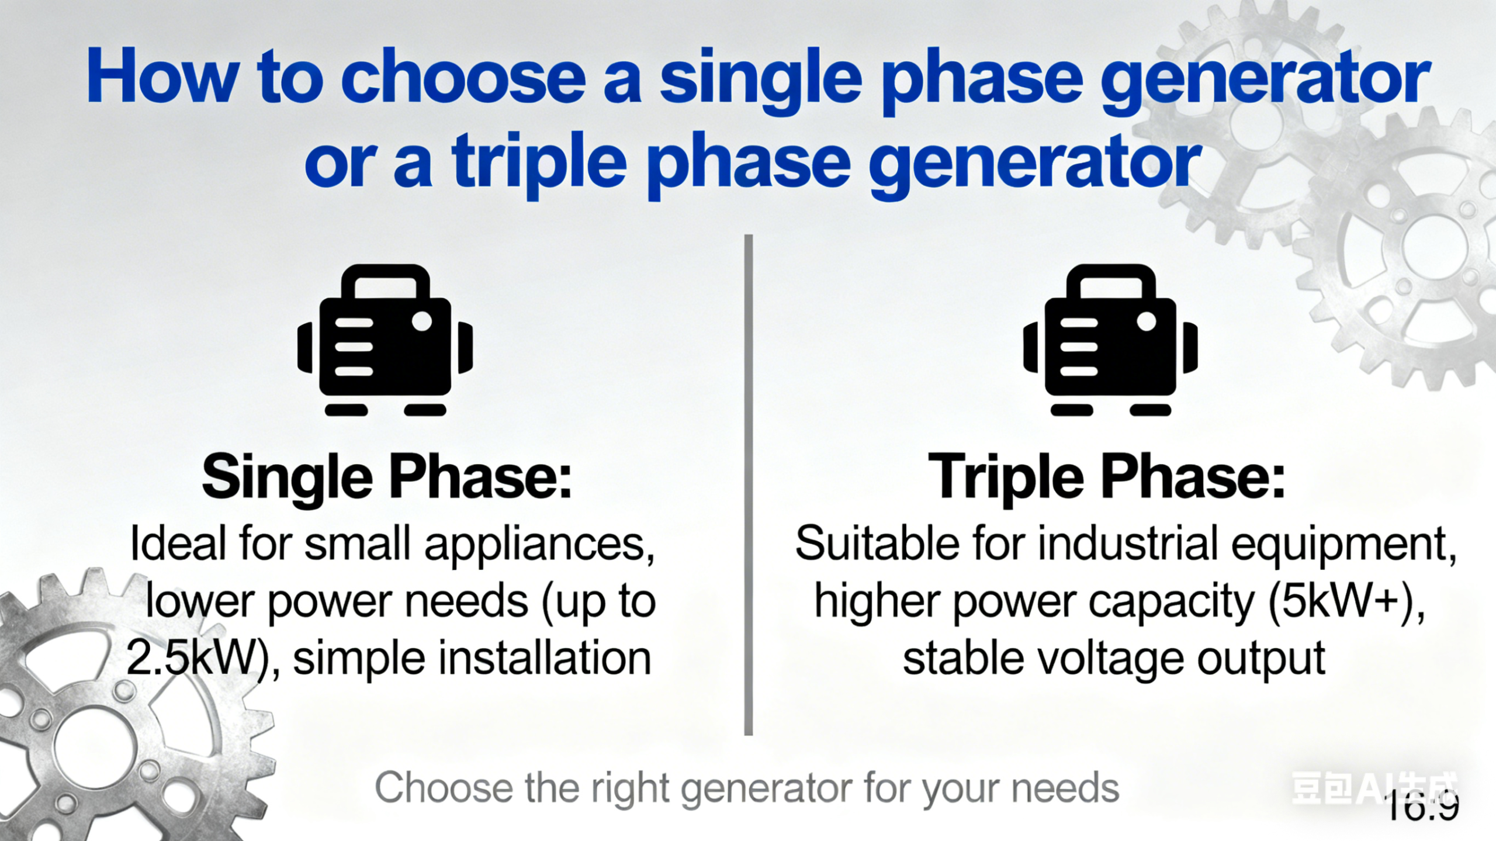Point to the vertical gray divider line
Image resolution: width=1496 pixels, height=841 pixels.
(x=748, y=485)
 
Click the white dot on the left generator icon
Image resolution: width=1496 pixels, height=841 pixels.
(x=421, y=321)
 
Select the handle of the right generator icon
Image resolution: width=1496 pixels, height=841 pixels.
(x=1110, y=278)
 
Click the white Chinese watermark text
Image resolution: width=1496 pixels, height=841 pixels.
(x=1373, y=788)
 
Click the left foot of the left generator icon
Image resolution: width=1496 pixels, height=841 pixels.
(x=346, y=410)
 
